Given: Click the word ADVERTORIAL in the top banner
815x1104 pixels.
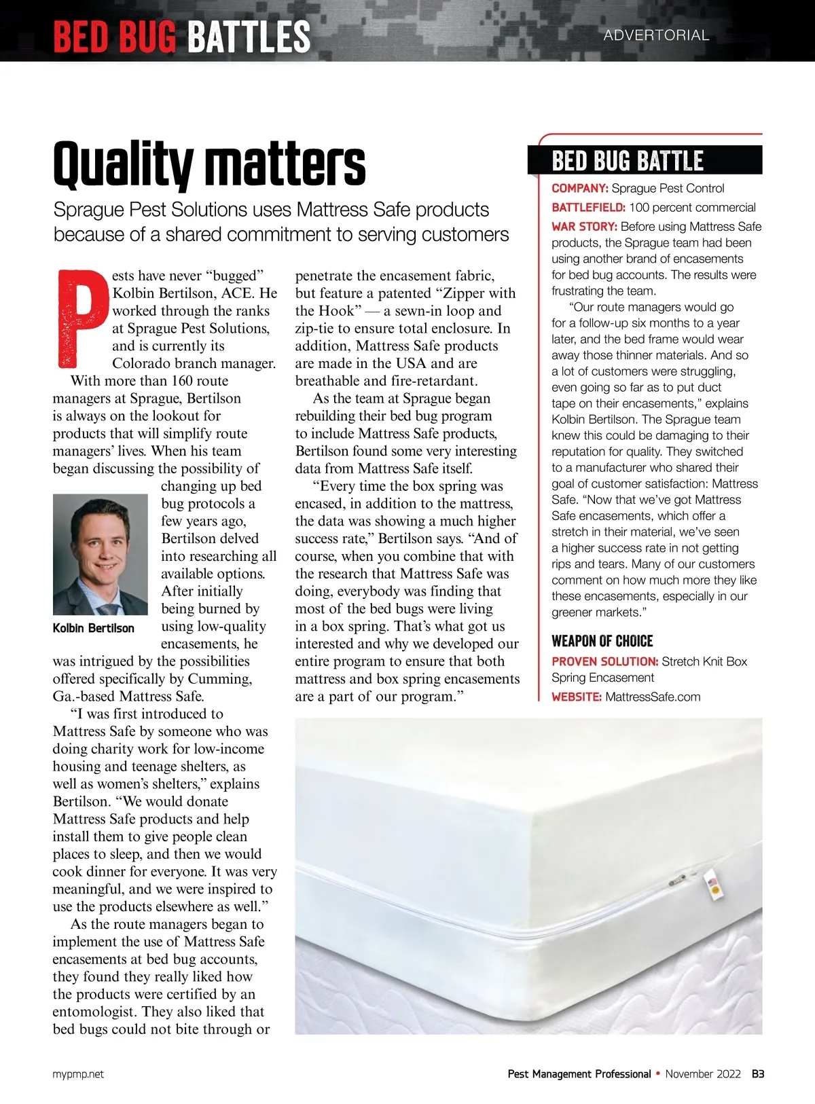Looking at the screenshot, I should [x=656, y=35].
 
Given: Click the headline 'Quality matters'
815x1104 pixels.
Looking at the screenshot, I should [x=209, y=164].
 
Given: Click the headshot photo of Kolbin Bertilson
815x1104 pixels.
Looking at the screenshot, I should [x=100, y=554].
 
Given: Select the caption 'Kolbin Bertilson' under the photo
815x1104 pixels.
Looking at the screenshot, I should [x=94, y=628].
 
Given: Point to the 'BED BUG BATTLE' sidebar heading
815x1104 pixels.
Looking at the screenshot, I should [x=628, y=162].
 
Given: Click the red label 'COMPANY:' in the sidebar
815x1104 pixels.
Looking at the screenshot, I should [x=579, y=188].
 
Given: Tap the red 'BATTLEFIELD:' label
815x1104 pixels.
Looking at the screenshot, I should [x=588, y=207].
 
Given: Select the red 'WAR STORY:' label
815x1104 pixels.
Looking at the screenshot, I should [x=584, y=226].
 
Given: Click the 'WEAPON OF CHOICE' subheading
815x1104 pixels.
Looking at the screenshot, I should [x=602, y=641].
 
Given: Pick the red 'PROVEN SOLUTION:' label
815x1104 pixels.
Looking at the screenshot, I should [x=604, y=661].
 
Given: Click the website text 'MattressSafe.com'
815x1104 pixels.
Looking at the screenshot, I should [x=652, y=697].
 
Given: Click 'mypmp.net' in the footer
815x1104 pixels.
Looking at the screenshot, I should [x=78, y=1074].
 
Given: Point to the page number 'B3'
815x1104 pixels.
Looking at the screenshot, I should [x=758, y=1074].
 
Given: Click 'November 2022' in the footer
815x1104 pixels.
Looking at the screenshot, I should [x=703, y=1074].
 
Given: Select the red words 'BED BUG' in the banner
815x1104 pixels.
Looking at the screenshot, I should [x=115, y=37].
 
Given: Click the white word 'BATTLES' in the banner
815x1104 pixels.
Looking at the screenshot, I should [x=248, y=37].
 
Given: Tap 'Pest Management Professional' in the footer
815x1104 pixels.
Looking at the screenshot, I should [x=579, y=1074].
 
